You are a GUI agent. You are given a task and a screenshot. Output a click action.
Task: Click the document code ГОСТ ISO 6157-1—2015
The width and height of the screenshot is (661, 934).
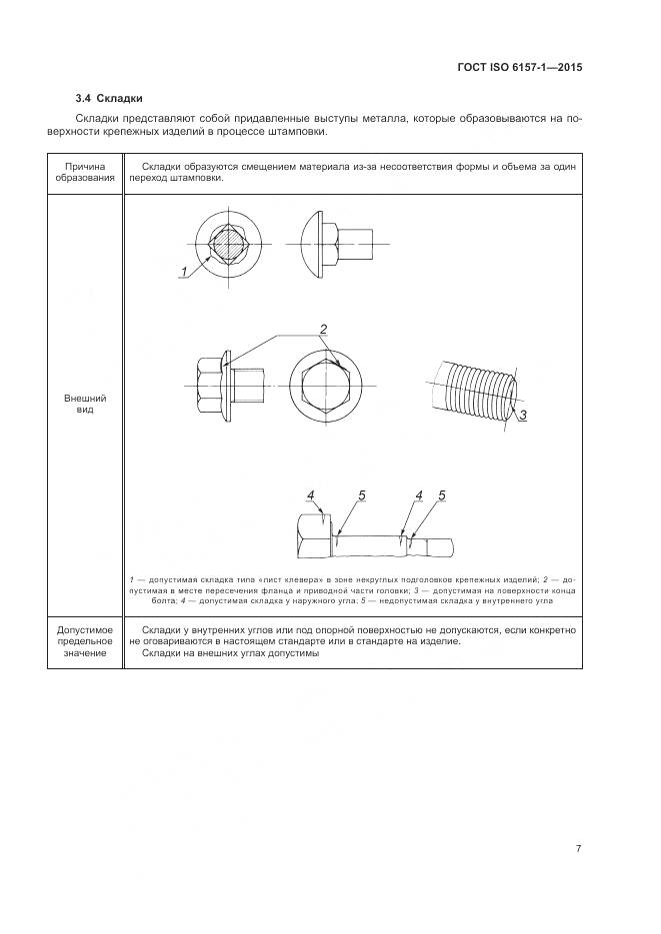tap(519, 68)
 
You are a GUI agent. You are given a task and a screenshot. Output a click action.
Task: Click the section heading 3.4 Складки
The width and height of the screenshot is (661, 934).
tap(110, 98)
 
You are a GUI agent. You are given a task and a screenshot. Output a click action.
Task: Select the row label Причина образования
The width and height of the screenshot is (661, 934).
tap(85, 173)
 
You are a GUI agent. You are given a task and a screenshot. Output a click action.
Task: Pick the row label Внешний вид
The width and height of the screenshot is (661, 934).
tap(85, 405)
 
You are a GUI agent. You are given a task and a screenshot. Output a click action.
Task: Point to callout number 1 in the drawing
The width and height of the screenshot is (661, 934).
tap(184, 272)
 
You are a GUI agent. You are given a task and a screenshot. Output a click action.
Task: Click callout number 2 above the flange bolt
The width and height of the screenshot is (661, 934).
tap(324, 329)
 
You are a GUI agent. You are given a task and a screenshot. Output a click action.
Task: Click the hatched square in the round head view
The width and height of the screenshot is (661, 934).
tap(228, 243)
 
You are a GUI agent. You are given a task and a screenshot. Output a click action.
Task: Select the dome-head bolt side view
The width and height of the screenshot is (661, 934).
tap(335, 241)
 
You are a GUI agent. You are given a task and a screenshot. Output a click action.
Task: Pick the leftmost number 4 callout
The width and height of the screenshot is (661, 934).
tap(311, 495)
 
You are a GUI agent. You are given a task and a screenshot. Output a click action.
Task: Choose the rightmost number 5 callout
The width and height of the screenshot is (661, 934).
tap(441, 495)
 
